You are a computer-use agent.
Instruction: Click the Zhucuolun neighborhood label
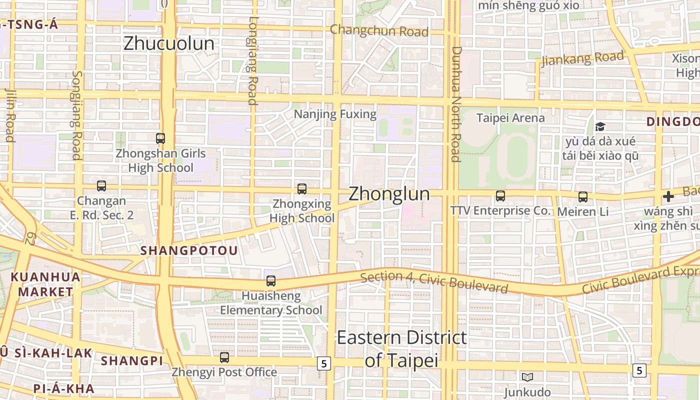coord(168,43)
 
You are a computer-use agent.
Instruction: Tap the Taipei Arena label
coord(510,118)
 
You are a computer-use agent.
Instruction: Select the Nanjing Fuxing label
coord(335,114)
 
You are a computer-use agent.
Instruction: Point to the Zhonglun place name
coord(389,193)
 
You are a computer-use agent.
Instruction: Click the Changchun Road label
coord(379,31)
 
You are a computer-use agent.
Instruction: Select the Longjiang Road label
coord(252,60)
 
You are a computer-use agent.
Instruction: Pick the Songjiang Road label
coord(76,115)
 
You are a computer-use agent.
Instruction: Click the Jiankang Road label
coord(583,58)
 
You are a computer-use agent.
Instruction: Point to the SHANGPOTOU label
coord(189,250)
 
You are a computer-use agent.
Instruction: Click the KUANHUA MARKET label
coord(45,284)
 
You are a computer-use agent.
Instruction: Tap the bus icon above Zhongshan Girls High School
coord(160,138)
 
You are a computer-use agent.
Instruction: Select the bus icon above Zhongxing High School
coord(302,189)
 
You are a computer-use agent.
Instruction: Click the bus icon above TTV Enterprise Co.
coord(500,196)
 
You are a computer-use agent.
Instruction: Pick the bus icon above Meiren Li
coord(583,197)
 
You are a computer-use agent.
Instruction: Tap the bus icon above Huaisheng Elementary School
coord(271,281)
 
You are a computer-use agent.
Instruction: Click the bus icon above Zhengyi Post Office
coord(224,357)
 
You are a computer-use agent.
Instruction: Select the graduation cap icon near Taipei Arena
coord(600,127)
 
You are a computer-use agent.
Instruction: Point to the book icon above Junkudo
coord(527,377)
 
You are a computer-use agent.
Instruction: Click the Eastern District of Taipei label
coord(401,348)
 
